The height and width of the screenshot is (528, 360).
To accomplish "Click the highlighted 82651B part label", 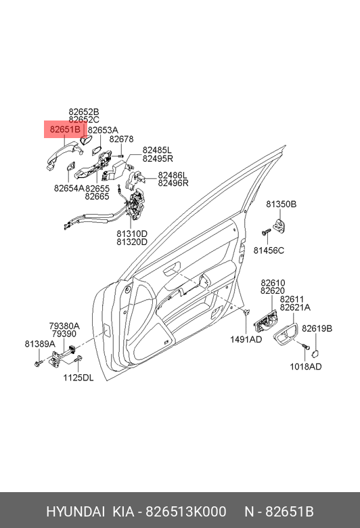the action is (65, 130).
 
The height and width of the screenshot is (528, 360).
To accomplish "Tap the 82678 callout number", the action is (121, 139).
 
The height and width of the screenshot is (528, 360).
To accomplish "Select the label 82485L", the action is (157, 150).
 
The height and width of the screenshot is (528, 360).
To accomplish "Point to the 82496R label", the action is (173, 183).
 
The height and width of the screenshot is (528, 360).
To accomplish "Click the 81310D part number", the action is (132, 234).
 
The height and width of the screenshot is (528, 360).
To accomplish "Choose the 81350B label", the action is (282, 204).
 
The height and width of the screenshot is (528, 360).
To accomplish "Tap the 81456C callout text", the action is (269, 250).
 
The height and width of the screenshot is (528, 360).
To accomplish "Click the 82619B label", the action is (317, 328).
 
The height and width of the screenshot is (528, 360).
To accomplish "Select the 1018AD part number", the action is (306, 366).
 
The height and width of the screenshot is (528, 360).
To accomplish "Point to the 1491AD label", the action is (246, 339).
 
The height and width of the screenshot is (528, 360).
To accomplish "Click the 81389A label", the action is (40, 344).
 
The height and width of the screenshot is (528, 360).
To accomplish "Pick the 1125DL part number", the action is (78, 378).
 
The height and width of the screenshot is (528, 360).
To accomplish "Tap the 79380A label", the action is (64, 326).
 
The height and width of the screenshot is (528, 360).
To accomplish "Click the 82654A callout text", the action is (69, 188).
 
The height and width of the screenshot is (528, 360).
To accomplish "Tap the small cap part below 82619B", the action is (315, 353).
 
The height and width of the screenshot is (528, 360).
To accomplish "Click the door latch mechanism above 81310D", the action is (137, 205).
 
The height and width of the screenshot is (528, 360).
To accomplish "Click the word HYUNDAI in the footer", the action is (75, 512).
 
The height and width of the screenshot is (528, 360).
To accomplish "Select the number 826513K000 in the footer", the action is (186, 512).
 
